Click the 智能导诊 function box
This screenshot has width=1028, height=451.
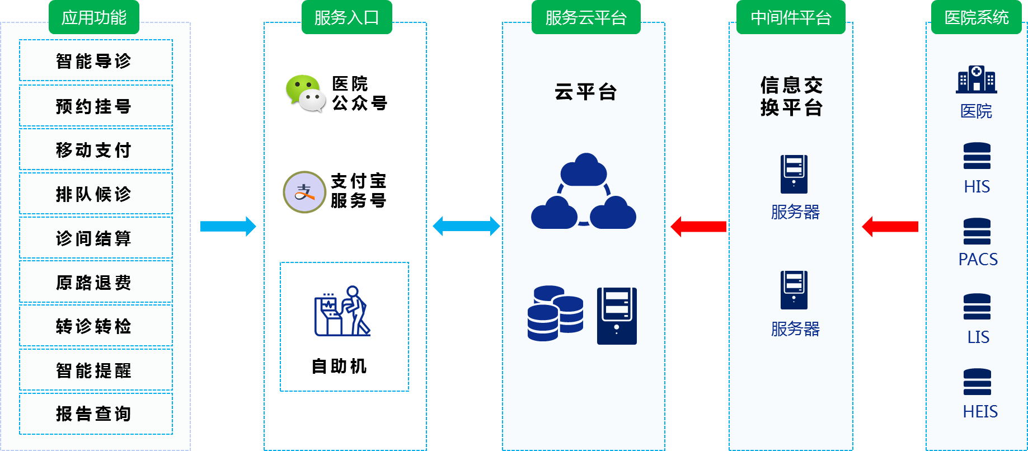tap(96, 60)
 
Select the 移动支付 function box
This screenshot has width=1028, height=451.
tap(96, 149)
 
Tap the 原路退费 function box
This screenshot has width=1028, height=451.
tap(96, 282)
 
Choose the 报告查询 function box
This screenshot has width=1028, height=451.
tap(96, 414)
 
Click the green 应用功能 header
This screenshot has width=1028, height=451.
tap(94, 17)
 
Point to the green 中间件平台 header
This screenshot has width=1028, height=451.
tap(791, 17)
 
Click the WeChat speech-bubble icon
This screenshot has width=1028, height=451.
tap(306, 93)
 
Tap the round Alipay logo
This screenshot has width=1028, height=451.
tap(304, 192)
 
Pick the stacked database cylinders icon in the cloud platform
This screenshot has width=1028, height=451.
tap(555, 313)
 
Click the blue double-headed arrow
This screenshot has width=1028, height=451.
tap(466, 226)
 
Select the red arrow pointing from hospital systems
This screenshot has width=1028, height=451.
tap(890, 226)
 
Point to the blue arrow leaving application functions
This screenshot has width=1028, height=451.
tap(228, 226)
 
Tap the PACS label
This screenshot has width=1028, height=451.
tap(978, 259)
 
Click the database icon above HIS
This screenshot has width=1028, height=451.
tap(977, 156)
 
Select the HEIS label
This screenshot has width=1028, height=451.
tap(980, 411)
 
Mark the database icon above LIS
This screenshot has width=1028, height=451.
tap(977, 307)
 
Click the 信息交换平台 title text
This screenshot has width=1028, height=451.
tap(791, 96)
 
